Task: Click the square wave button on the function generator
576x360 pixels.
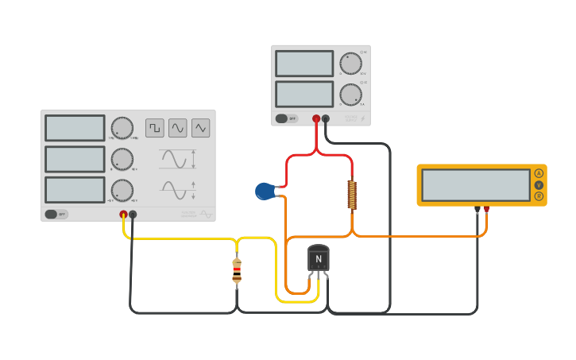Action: (x=154, y=128)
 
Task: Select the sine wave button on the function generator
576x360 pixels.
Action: (x=177, y=128)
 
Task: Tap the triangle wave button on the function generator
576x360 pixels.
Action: (x=200, y=128)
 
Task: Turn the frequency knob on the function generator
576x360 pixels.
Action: (x=122, y=128)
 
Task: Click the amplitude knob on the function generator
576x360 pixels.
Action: (x=122, y=159)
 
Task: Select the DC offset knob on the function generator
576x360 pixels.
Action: (x=122, y=190)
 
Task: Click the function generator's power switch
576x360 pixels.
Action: (x=56, y=214)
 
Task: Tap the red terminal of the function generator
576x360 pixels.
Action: (x=123, y=215)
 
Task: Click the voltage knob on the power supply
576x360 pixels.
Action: (x=350, y=64)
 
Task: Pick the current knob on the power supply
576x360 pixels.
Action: (x=350, y=95)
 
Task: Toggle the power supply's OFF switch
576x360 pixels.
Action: (x=286, y=118)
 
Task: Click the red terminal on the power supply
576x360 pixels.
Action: (x=316, y=119)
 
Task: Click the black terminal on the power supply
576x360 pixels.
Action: (x=326, y=119)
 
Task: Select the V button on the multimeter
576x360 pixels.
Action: (x=539, y=185)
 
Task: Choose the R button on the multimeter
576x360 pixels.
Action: (x=539, y=196)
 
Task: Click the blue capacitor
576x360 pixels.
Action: (x=265, y=191)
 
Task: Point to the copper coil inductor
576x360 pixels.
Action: (x=352, y=195)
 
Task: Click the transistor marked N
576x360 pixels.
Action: (x=318, y=258)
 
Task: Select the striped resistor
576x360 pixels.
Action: (x=237, y=270)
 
